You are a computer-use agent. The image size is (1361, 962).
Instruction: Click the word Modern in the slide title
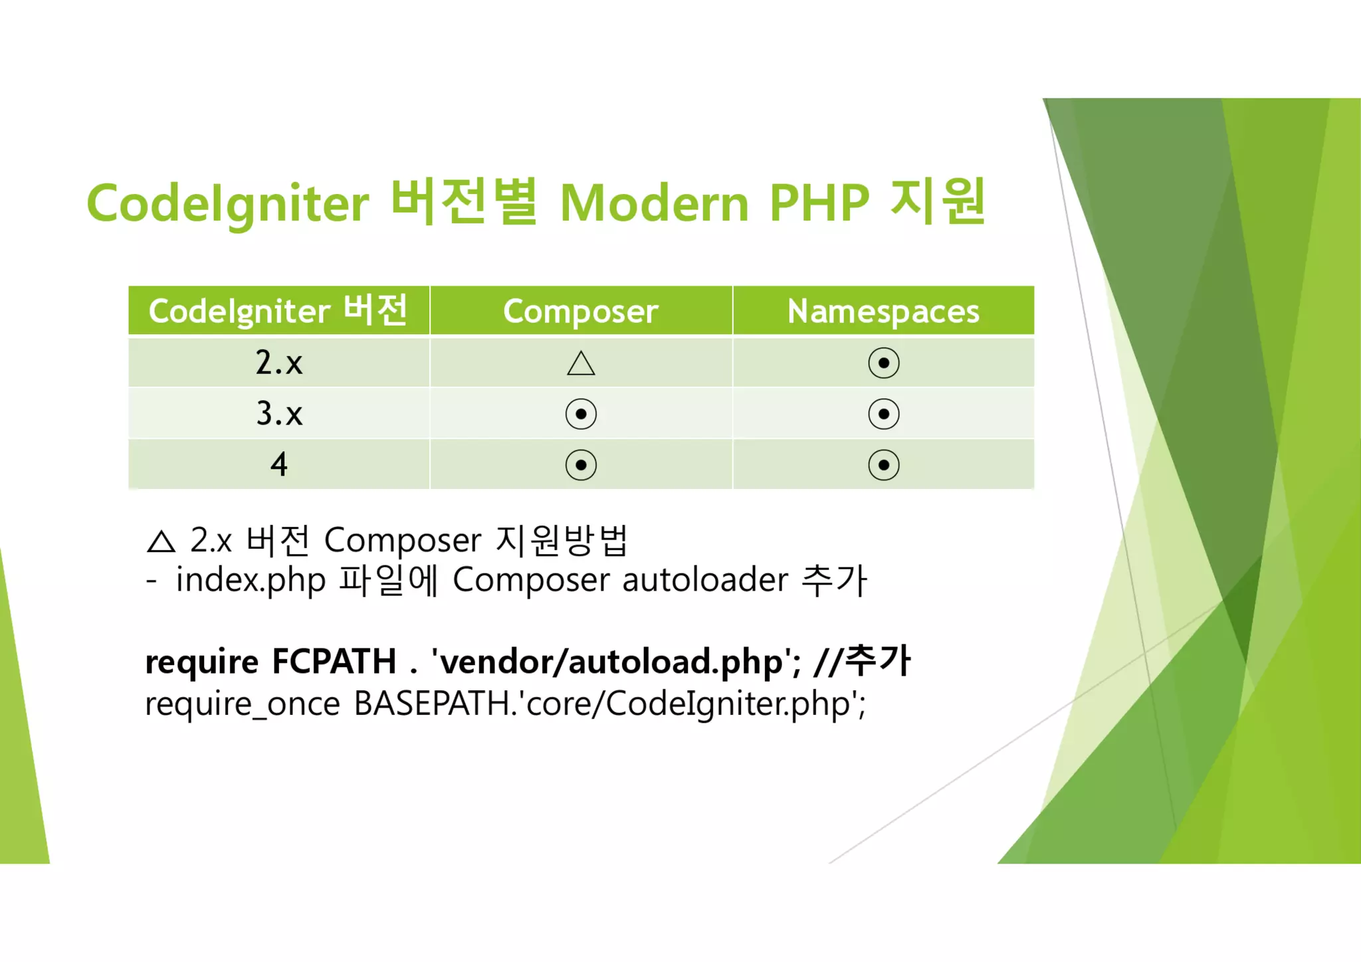pyautogui.click(x=655, y=203)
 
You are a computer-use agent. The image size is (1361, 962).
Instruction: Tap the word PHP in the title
pyautogui.click(x=819, y=203)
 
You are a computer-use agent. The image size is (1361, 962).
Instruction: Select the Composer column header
pyautogui.click(x=580, y=311)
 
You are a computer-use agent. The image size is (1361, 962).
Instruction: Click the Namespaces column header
pyautogui.click(x=883, y=311)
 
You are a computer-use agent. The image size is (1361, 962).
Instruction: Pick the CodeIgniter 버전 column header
pyautogui.click(x=278, y=311)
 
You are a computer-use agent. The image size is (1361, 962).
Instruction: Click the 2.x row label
pyautogui.click(x=278, y=363)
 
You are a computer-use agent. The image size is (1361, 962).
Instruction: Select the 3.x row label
pyautogui.click(x=278, y=414)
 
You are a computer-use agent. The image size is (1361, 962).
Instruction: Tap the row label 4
pyautogui.click(x=278, y=464)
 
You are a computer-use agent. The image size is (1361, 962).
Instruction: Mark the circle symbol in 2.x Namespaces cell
pyautogui.click(x=883, y=363)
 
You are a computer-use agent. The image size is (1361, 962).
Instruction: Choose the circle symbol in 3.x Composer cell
pyautogui.click(x=581, y=414)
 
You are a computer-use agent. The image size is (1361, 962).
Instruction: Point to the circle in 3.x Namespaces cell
pyautogui.click(x=883, y=414)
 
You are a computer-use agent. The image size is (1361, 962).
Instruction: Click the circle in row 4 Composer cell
pyautogui.click(x=581, y=465)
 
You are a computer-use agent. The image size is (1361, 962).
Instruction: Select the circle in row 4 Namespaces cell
pyautogui.click(x=883, y=465)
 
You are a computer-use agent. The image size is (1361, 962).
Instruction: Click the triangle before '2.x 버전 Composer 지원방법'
pyautogui.click(x=161, y=542)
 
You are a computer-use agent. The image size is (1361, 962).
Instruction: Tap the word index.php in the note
pyautogui.click(x=250, y=581)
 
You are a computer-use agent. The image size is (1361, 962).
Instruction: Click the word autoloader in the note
pyautogui.click(x=704, y=580)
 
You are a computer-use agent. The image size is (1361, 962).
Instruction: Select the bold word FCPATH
pyautogui.click(x=334, y=662)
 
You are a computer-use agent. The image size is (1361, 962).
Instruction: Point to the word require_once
pyautogui.click(x=242, y=704)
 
